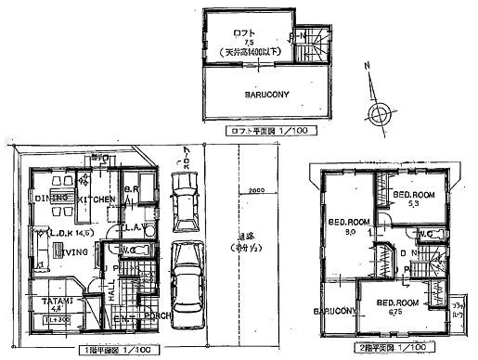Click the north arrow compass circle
(x=379, y=114)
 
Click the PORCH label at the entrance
(x=152, y=323)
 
